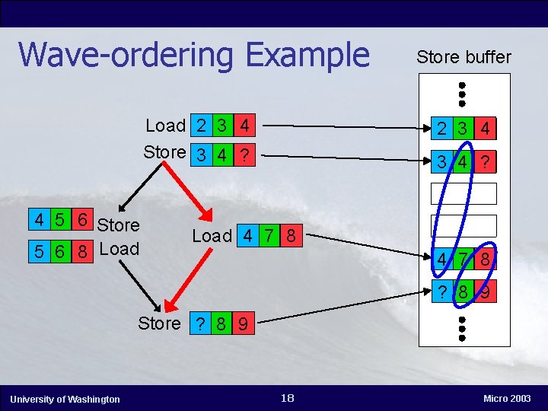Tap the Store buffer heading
(464, 57)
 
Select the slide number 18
(287, 398)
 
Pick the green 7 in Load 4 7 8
(270, 235)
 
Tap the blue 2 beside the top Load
(200, 125)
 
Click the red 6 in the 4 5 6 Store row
(79, 220)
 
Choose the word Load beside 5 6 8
(119, 250)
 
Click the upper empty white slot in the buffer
(464, 193)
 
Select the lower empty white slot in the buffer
(464, 225)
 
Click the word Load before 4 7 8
(212, 236)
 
